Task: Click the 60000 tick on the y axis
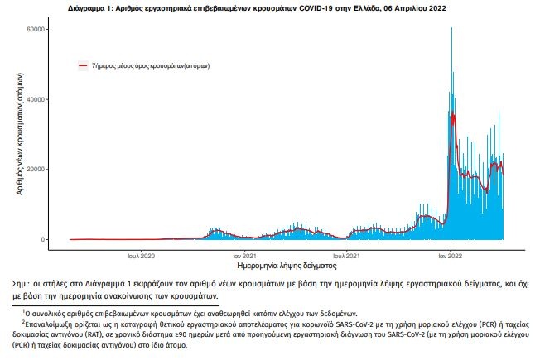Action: tap(36, 30)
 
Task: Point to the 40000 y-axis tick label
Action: tap(36, 100)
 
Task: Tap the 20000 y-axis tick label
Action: tap(36, 170)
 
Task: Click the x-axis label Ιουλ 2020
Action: tap(141, 256)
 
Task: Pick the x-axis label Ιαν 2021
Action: tap(243, 256)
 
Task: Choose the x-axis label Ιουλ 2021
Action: tap(346, 256)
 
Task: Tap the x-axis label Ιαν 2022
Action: tap(450, 256)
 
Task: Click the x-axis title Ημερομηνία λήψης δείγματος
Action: tap(286, 267)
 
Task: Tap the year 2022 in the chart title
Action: tap(423, 6)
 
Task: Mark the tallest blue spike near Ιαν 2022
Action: tap(451, 30)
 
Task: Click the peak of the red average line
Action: tap(452, 113)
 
